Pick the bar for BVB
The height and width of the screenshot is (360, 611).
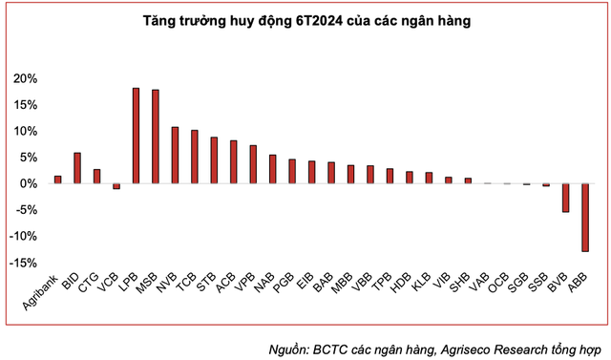click(x=565, y=198)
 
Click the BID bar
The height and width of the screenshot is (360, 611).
click(x=77, y=168)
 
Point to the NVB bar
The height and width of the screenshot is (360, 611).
click(x=175, y=155)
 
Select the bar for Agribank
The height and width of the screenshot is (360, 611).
click(x=57, y=180)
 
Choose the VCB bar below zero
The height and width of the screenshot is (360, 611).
click(x=116, y=186)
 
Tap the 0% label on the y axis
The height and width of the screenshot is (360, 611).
click(x=31, y=183)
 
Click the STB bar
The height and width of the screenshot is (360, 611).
click(x=214, y=160)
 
